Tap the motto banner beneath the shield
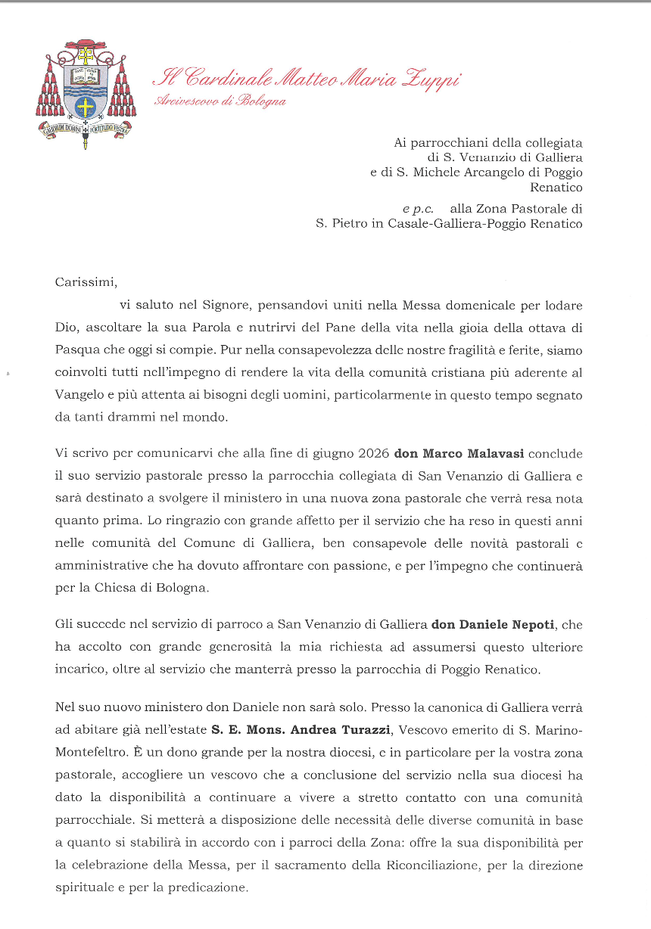coord(86,129)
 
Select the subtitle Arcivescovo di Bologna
coord(220,101)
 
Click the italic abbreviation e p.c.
coord(417,207)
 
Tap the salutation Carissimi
coord(87,283)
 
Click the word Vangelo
coord(81,394)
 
